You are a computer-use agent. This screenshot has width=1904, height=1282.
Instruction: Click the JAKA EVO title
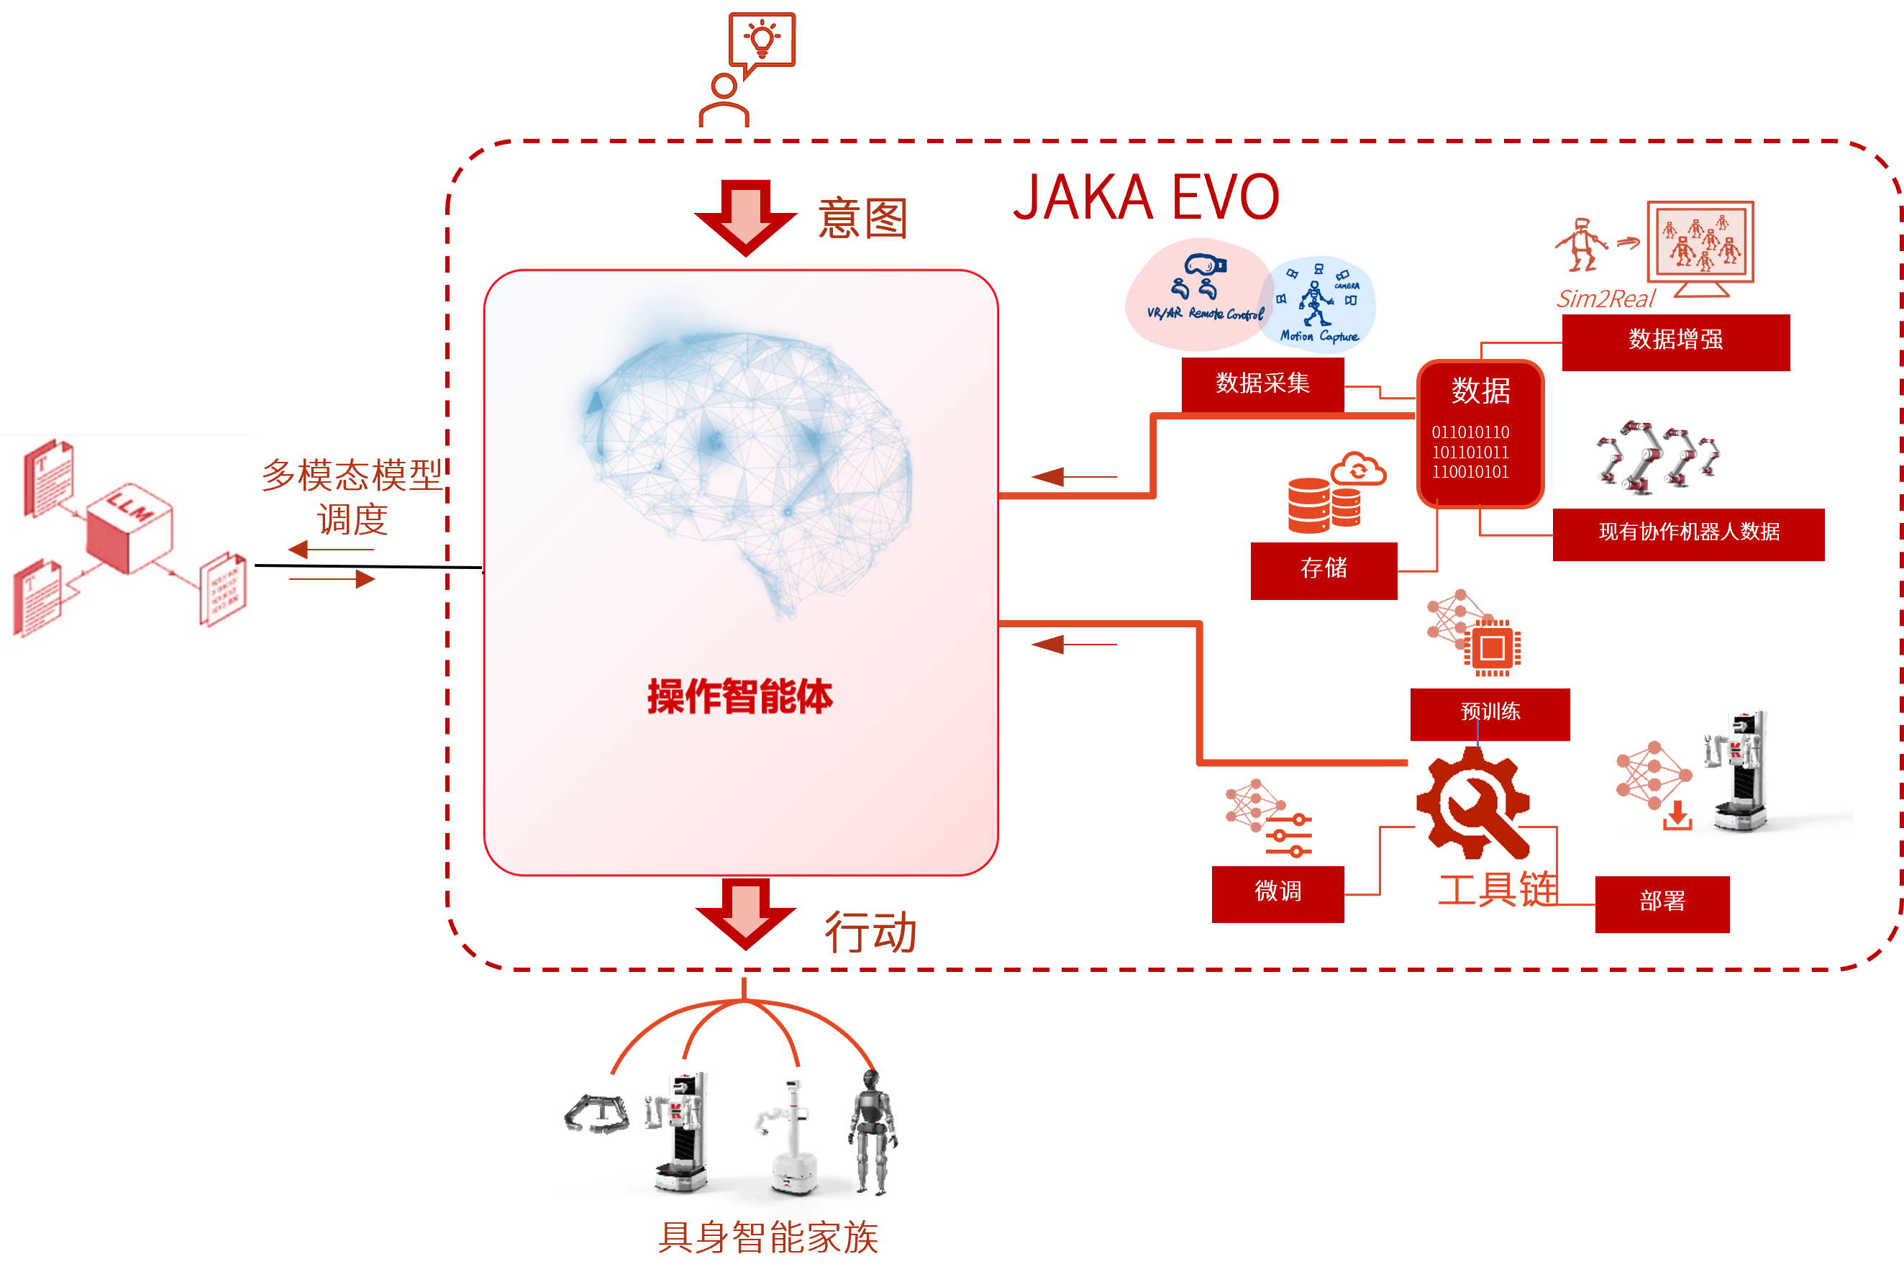point(1145,198)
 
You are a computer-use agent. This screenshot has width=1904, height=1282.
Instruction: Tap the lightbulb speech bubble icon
point(762,40)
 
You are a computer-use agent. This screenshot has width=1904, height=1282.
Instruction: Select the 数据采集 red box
point(1262,383)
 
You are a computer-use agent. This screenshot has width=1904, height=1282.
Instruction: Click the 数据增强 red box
point(1675,340)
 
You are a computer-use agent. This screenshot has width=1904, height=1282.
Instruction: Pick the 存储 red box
point(1323,568)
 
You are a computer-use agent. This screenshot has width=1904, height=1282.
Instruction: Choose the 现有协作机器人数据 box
point(1688,533)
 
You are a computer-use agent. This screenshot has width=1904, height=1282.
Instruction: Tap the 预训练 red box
point(1490,712)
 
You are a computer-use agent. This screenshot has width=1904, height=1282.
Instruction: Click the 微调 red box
point(1277,892)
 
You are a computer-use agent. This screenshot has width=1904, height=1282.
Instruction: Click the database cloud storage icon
point(1335,492)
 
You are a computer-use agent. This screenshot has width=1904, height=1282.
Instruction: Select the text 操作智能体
point(740,697)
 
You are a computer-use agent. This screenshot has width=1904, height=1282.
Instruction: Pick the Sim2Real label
point(1605,299)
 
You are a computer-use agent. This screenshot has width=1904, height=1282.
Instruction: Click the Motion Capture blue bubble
point(1318,305)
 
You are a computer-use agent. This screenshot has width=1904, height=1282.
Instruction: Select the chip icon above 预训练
point(1492,648)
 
